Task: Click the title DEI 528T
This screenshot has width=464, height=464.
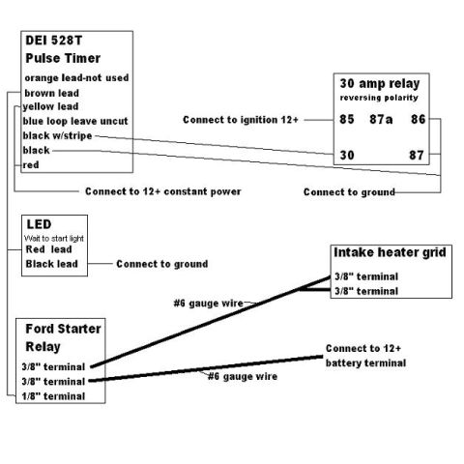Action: click(x=54, y=41)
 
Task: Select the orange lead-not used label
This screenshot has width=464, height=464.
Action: click(x=76, y=77)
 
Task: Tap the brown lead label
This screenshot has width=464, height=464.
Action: click(x=52, y=93)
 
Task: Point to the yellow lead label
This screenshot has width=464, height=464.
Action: click(x=50, y=106)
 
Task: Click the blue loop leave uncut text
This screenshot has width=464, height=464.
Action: click(x=75, y=121)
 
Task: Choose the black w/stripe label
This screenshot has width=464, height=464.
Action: click(x=57, y=135)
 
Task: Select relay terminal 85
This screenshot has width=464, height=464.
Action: click(x=347, y=119)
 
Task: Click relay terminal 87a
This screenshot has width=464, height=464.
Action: click(x=381, y=119)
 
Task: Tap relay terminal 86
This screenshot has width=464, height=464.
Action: click(x=418, y=119)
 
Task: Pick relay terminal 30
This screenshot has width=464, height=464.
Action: click(x=347, y=155)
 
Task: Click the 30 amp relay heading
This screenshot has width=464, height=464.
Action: click(x=380, y=83)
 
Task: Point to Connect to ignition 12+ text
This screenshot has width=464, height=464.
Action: click(x=241, y=120)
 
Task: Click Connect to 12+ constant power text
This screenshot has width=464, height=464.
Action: click(x=163, y=191)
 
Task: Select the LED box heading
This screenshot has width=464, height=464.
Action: click(x=39, y=224)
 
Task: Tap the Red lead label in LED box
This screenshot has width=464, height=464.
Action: click(x=48, y=249)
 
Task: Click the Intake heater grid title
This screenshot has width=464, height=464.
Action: click(x=390, y=252)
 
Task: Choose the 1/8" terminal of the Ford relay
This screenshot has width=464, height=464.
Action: click(x=53, y=396)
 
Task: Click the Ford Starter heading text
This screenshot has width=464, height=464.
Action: click(x=63, y=329)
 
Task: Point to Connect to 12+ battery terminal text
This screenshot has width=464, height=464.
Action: click(x=365, y=356)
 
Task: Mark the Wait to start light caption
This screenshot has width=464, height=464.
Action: click(x=54, y=239)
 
